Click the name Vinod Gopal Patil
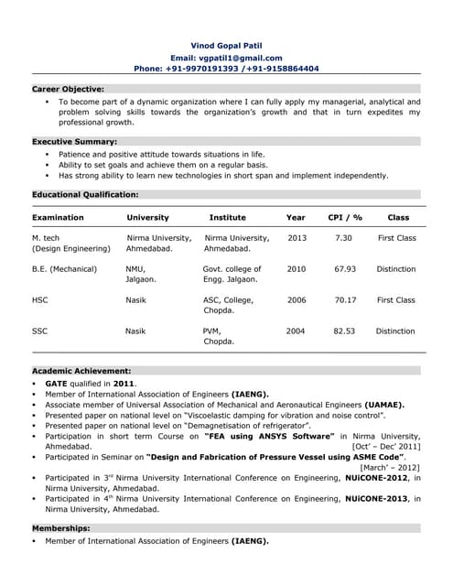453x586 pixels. click(226, 45)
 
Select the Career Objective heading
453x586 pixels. click(69, 89)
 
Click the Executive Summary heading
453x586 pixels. click(75, 142)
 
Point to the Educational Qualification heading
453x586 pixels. click(85, 195)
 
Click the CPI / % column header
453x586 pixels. click(345, 218)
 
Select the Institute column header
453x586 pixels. click(227, 218)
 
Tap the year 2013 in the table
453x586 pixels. click(297, 238)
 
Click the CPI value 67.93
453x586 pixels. click(345, 269)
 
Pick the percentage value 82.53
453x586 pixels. click(344, 331)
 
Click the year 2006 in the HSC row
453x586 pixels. click(297, 299)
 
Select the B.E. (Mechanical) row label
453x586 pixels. click(66, 269)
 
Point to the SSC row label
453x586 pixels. click(40, 331)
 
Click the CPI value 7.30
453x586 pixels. click(344, 238)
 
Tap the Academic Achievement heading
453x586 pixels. click(81, 371)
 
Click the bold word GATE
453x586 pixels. click(57, 383)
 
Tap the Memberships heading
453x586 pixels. click(61, 529)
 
